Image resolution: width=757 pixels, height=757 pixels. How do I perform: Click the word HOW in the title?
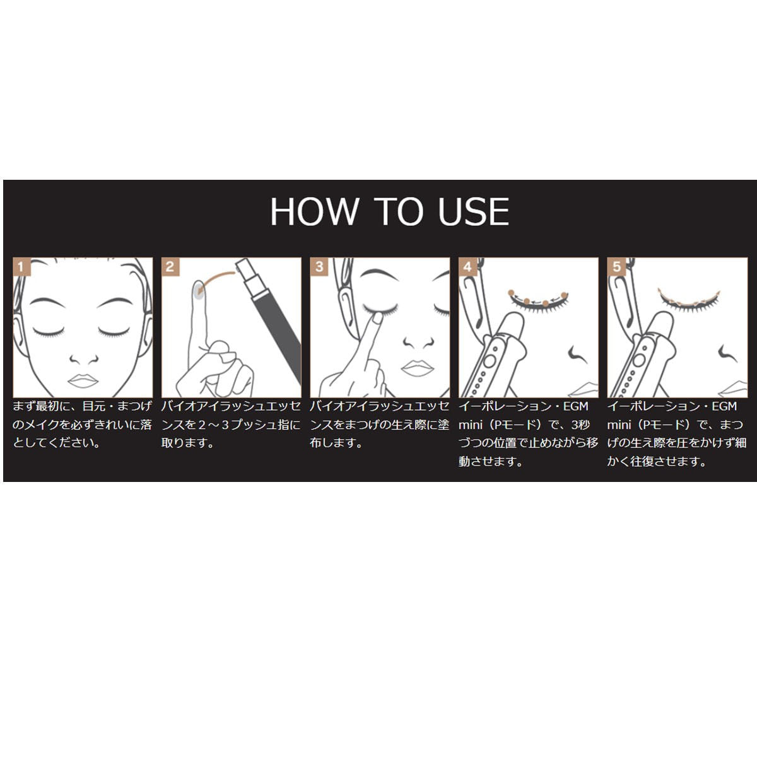point(314,212)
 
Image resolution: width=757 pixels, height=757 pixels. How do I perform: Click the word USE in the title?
point(473,212)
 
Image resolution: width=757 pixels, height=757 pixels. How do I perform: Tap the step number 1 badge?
point(21,267)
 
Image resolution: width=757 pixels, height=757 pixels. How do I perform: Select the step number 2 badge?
point(170,267)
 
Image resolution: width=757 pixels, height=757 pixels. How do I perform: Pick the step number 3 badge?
point(319,267)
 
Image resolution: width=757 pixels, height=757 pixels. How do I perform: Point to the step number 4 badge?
point(467,267)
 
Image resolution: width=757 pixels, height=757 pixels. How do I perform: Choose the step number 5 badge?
point(616,267)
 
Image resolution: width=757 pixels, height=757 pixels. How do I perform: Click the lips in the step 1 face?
point(83,380)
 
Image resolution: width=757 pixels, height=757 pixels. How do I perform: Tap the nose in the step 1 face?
point(83,359)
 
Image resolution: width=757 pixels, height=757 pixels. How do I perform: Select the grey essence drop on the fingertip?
point(197,291)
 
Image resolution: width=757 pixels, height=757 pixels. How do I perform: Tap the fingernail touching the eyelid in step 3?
point(377,317)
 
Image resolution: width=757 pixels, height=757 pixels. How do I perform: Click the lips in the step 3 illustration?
point(418,368)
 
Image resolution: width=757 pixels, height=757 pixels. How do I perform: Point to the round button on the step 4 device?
point(489,361)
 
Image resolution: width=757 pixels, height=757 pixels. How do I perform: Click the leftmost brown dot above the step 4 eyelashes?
point(511,293)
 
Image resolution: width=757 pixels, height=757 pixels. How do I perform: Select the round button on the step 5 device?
point(638,360)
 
